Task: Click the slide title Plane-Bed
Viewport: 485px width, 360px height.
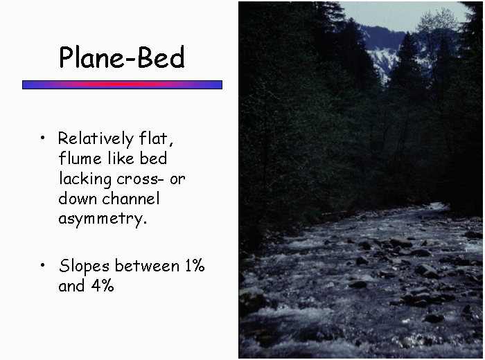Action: click(x=122, y=57)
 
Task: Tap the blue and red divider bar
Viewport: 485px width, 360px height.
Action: click(x=122, y=84)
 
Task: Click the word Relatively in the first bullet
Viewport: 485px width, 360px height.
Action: click(x=96, y=139)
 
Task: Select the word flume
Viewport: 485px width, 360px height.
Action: click(x=80, y=159)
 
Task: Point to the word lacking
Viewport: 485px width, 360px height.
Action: click(x=85, y=179)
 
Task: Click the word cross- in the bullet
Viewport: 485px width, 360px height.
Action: click(x=139, y=179)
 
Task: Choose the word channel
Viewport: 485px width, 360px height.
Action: click(x=131, y=199)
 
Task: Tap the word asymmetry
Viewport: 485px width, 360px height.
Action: click(x=103, y=219)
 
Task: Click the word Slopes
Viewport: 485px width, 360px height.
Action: click(x=84, y=267)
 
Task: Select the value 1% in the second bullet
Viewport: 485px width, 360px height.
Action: click(x=195, y=265)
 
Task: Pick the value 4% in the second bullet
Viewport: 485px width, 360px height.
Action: click(x=103, y=285)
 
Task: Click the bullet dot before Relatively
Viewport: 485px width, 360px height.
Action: click(x=43, y=138)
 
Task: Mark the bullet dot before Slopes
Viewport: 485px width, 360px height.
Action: click(x=43, y=265)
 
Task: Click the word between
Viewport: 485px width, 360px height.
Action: click(x=147, y=265)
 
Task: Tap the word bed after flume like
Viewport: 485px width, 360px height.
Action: click(x=153, y=158)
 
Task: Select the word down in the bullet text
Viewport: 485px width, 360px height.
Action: click(x=78, y=199)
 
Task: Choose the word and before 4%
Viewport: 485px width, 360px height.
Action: click(x=71, y=285)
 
